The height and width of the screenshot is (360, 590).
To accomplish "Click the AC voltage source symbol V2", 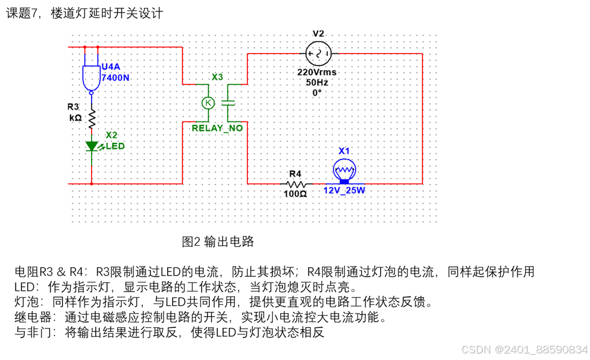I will click(318, 54).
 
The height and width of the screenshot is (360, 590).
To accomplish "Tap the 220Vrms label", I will click(318, 73).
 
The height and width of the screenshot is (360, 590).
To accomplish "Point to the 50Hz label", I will click(317, 83).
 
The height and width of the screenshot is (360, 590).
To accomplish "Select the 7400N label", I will click(115, 77).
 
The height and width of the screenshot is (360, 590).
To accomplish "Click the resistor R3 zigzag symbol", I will click(92, 118).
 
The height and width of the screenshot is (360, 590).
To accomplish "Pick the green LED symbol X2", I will click(92, 146).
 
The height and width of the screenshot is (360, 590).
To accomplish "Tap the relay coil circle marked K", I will click(208, 102).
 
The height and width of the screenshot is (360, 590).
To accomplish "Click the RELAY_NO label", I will click(217, 128).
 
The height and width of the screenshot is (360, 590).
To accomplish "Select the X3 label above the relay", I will click(217, 77).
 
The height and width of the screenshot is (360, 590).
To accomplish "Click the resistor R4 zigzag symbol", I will click(295, 184).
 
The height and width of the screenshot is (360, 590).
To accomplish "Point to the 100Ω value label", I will click(295, 194).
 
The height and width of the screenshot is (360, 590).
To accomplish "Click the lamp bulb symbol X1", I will click(344, 171).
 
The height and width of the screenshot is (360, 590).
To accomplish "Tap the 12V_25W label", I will click(344, 191).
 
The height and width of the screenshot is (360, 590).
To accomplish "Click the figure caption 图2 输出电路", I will click(218, 242).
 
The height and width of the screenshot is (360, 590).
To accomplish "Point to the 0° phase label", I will click(317, 93).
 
